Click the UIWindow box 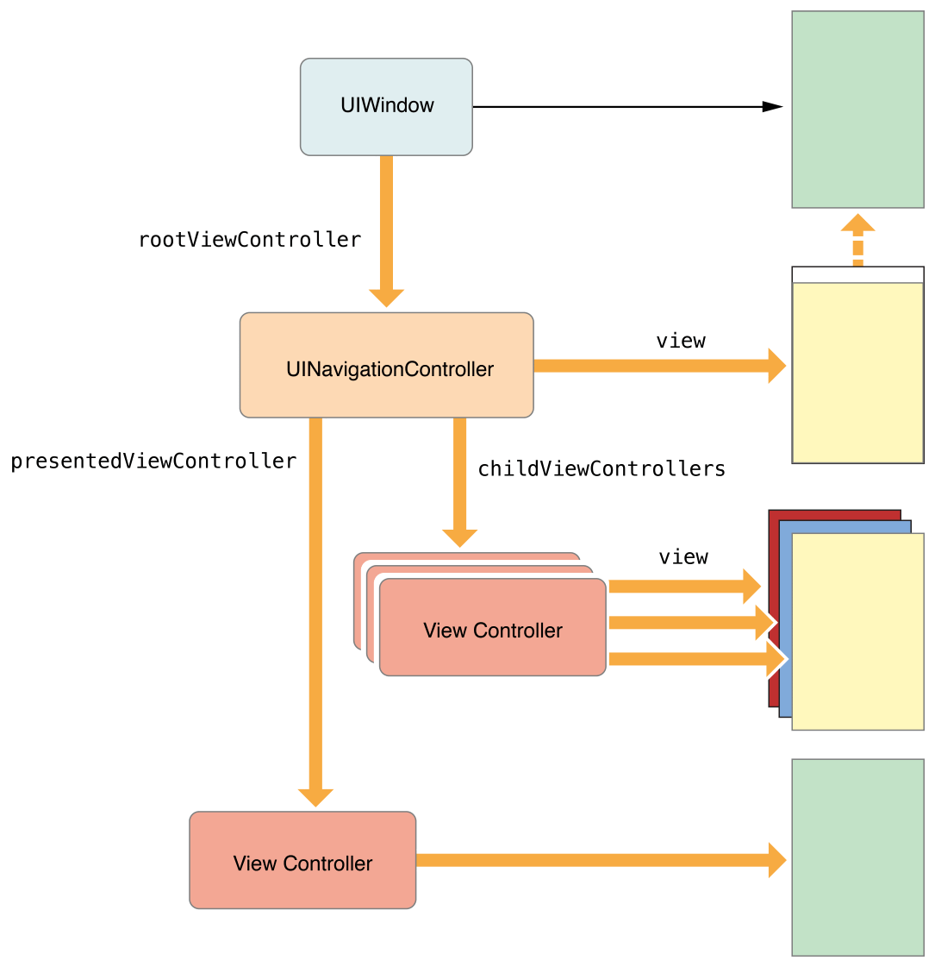[386, 107]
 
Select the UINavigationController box [386, 366]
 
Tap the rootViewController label [250, 240]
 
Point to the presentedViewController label [153, 462]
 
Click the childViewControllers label [602, 469]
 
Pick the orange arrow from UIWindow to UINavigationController [386, 229]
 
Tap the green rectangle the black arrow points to [857, 110]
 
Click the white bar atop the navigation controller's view [857, 275]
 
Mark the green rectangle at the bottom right [857, 857]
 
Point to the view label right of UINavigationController [681, 342]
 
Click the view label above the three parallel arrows [683, 557]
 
